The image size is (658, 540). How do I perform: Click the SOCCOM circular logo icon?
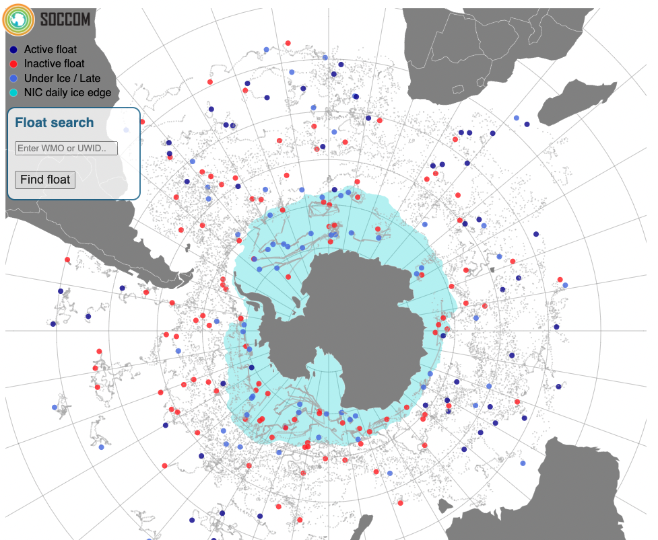click(x=18, y=19)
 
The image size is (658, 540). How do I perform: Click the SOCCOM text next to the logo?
click(x=65, y=19)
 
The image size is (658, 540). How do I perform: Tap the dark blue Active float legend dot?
click(x=13, y=50)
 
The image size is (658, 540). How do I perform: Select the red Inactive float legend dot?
click(x=13, y=64)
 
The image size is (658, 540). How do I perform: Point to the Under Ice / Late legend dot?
click(x=13, y=79)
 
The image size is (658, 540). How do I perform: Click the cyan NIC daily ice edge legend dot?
click(x=13, y=93)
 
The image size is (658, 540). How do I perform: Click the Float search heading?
click(x=54, y=122)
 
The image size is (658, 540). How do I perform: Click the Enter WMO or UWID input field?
click(x=66, y=148)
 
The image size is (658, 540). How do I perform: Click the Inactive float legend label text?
click(x=55, y=64)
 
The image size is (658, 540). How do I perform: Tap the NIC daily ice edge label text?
click(x=67, y=93)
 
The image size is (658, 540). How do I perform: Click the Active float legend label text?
click(x=51, y=50)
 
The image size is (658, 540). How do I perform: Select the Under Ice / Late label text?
click(x=62, y=79)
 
